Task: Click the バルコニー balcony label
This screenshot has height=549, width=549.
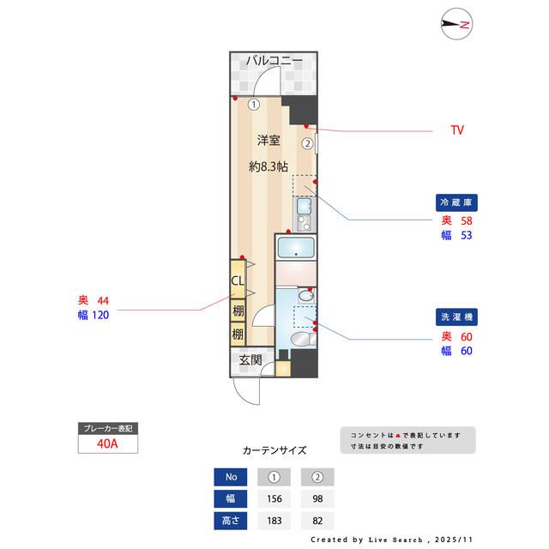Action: point(274,61)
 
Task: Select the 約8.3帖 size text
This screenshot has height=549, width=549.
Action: point(269,166)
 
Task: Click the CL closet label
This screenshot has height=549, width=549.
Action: point(238,281)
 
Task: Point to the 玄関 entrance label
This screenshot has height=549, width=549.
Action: point(250,360)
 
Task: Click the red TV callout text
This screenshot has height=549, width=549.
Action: point(457,130)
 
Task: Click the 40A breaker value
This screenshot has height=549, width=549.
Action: point(106,443)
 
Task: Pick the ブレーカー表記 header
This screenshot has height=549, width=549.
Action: point(106,427)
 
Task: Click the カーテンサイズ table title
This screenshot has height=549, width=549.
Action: point(274,450)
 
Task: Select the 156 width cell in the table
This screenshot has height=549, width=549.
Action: point(274,499)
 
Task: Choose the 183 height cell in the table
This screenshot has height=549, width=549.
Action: point(274,521)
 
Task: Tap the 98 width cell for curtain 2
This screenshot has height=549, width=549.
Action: point(317,499)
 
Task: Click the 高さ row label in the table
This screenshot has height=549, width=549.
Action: point(230,521)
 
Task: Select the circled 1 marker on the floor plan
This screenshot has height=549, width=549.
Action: point(254,106)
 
